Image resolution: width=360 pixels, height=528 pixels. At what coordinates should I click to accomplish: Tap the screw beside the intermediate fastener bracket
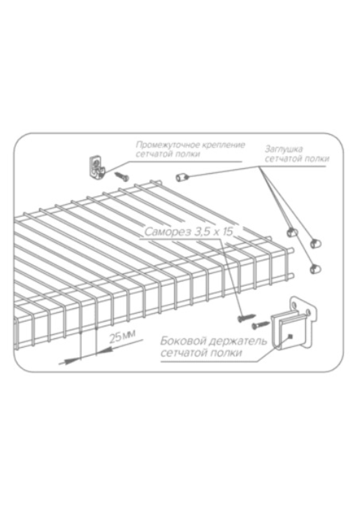(x=122, y=176)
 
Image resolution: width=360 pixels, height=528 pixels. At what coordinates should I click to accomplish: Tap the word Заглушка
(x=283, y=149)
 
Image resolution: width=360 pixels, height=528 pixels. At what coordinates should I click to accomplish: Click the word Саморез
(x=167, y=232)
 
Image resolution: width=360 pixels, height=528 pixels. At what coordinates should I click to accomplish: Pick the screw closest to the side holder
(x=260, y=325)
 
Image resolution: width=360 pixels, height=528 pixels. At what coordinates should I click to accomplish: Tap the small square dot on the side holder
(x=290, y=335)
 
